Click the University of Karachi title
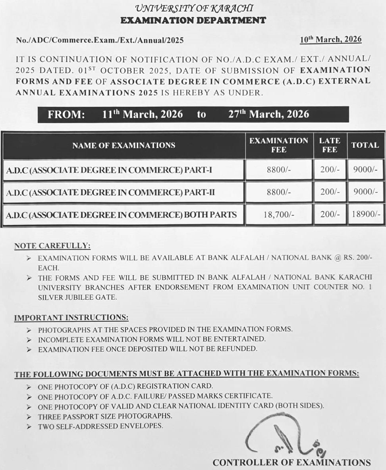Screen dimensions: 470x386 194,8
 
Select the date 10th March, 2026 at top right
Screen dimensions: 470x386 331,39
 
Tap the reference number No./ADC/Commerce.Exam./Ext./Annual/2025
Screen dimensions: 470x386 100,40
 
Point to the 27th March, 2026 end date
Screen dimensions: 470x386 268,114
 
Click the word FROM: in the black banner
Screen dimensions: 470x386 66,115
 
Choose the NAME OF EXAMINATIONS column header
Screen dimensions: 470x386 124,145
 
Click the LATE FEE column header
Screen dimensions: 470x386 330,145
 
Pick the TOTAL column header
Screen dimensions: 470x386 365,145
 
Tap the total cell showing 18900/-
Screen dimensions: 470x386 366,215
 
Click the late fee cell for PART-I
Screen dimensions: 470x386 330,170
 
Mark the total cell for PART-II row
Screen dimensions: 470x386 365,192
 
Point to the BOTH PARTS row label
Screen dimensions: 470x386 122,215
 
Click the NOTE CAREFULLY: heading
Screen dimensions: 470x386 52,246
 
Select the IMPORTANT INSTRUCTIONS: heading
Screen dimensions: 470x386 71,318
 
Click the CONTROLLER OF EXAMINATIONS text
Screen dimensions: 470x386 291,462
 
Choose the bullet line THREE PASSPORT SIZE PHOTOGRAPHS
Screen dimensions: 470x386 105,416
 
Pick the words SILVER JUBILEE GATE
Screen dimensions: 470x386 77,297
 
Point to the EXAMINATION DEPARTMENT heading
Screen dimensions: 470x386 193,20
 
